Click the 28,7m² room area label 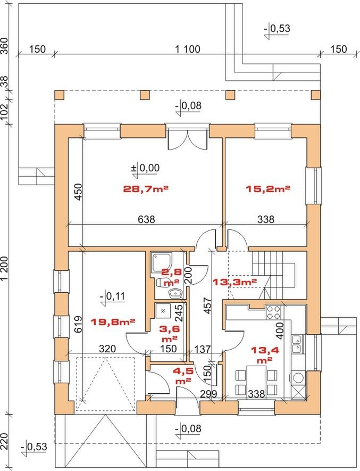(145, 189)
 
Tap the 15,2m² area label (268, 189)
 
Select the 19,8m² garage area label (113, 322)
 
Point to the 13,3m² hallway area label (235, 282)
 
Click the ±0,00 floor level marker (145, 168)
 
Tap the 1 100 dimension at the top (188, 48)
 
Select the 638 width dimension (146, 219)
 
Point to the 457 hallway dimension (208, 306)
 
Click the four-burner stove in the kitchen (273, 312)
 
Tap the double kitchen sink (297, 344)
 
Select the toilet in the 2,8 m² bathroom (161, 282)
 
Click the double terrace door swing (188, 139)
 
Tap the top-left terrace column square (60, 95)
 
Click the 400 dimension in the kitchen (280, 330)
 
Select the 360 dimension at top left (5, 45)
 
